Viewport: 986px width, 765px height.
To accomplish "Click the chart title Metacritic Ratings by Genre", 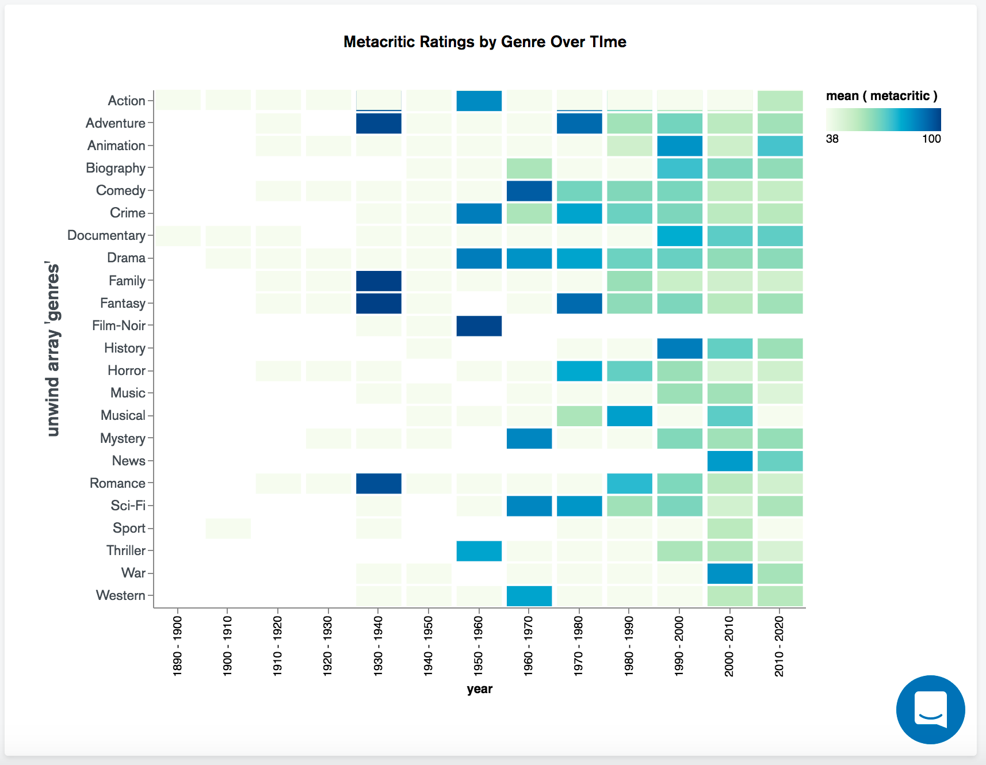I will pos(484,42).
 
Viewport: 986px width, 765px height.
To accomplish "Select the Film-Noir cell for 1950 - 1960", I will pos(479,326).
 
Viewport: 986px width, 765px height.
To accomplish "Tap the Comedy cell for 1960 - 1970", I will pos(529,191).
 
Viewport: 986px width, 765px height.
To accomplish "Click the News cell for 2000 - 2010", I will pos(729,461).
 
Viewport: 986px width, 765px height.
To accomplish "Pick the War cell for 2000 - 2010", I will pos(729,573).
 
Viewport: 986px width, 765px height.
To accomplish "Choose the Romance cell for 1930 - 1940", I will pos(379,483).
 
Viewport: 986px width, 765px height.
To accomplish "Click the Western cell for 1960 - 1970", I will pos(529,596).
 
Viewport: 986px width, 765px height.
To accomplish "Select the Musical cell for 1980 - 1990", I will pos(629,416).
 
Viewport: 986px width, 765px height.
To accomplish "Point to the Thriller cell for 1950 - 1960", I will pos(479,551).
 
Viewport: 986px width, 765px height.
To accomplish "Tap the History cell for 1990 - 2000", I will pos(679,349).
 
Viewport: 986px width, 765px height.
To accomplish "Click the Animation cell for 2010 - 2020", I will pos(779,146).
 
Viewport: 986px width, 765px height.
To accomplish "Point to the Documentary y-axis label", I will pos(106,235).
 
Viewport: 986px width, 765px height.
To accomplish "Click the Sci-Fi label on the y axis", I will pos(128,506).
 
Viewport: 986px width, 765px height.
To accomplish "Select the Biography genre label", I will pos(116,168).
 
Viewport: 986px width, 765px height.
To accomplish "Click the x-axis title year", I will pos(479,689).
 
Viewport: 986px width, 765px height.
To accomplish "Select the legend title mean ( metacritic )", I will pos(881,96).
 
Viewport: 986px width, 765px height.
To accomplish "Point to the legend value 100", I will pos(931,139).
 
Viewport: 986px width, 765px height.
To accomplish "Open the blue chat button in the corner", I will pos(930,709).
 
